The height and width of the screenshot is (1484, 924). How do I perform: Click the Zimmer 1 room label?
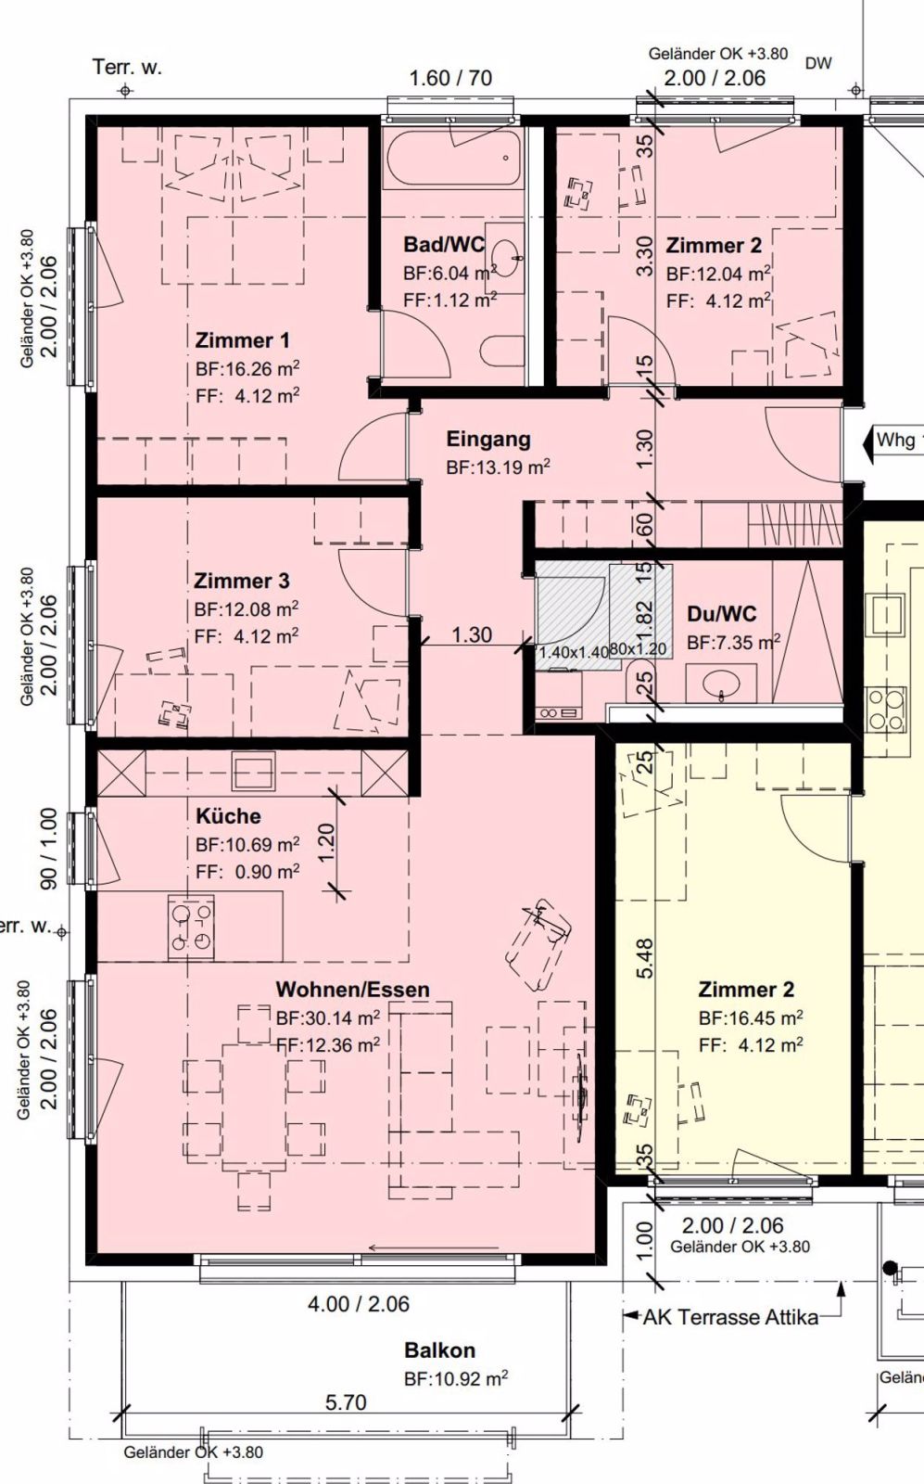coord(242,339)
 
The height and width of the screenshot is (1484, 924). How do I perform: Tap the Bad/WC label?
coord(444,245)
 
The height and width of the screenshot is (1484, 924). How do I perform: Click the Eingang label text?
coord(488,439)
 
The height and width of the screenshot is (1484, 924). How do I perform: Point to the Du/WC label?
coord(721,613)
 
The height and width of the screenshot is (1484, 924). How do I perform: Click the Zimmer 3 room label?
coord(241,581)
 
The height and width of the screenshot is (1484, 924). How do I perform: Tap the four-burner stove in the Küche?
coord(191,927)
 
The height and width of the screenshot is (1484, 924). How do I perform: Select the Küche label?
coord(228,816)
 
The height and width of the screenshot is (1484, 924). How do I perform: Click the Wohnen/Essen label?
coord(352,990)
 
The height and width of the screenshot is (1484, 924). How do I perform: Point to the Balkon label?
coord(439,1350)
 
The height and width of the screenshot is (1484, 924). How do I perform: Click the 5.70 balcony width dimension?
coord(345,1402)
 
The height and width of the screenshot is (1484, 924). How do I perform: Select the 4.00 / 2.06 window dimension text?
coord(358,1304)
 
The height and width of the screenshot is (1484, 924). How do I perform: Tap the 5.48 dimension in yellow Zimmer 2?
coord(645,957)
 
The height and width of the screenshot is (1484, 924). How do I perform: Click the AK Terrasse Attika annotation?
coord(731,1317)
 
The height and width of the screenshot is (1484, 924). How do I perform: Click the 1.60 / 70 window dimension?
coord(450,78)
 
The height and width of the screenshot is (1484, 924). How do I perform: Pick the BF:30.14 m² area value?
coord(327,1018)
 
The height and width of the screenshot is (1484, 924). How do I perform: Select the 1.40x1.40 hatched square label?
coord(573,652)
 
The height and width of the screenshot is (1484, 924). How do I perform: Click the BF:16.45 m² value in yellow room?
coord(750,1017)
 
